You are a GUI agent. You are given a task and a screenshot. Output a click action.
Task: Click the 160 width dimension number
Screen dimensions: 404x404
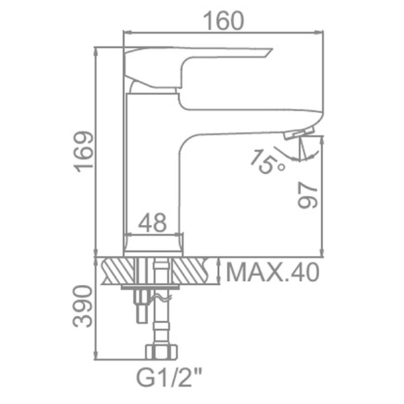click(224, 21)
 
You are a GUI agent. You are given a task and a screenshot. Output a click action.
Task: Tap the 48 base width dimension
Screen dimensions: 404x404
click(153, 222)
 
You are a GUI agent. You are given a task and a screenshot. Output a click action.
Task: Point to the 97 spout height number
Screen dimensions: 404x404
click(307, 195)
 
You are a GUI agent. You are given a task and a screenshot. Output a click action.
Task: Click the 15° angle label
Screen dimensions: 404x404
click(267, 162)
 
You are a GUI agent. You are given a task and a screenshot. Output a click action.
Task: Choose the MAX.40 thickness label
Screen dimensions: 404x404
click(273, 272)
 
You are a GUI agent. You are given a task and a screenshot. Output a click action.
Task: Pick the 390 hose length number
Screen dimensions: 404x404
click(82, 306)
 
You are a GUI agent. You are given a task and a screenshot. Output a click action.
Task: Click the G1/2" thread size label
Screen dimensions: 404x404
click(169, 378)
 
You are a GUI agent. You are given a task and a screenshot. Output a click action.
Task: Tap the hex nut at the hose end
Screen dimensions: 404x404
click(162, 351)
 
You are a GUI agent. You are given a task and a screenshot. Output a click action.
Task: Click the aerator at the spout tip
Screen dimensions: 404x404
click(300, 133)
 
